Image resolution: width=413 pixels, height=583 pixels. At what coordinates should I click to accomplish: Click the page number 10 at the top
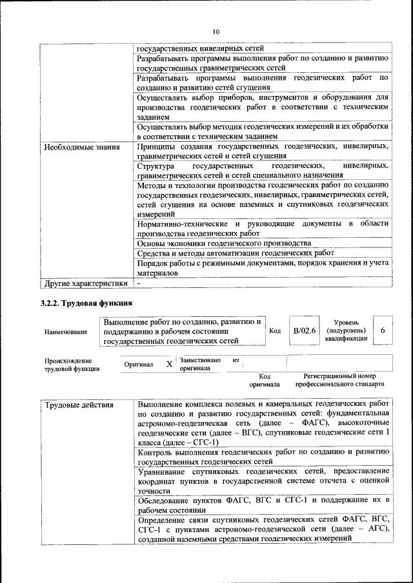pos(216,32)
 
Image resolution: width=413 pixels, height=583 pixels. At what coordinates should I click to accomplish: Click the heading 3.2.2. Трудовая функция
pos(86,302)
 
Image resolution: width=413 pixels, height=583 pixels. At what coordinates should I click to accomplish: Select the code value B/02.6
pos(304,330)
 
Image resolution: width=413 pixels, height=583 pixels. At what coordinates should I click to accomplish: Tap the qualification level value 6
pos(383,330)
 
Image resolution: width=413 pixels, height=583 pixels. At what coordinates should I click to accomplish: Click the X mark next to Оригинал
pos(169,364)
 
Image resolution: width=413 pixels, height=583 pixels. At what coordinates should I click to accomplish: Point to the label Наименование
pos(66,331)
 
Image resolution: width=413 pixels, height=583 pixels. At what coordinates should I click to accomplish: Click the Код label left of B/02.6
pos(274,330)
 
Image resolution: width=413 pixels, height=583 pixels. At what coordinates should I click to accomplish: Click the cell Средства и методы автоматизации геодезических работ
pos(240,253)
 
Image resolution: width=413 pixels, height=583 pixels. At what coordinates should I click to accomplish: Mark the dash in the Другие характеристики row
pos(139,283)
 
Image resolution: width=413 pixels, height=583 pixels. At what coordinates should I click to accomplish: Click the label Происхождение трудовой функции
pos(72,365)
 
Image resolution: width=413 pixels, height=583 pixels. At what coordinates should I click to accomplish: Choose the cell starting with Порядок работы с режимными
pos(262,267)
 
